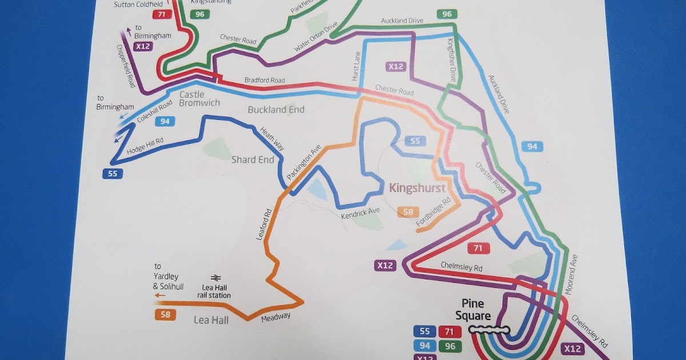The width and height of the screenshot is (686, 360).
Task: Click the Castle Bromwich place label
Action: pyautogui.click(x=200, y=98)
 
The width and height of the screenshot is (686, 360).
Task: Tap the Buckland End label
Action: pyautogui.click(x=276, y=109)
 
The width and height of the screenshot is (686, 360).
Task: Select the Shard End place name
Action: pyautogui.click(x=253, y=159)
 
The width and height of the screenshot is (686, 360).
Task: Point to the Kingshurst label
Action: pyautogui.click(x=417, y=187)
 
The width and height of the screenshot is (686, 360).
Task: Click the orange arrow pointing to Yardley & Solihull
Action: pyautogui.click(x=160, y=295)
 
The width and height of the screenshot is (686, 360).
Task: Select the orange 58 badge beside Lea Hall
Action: pyautogui.click(x=165, y=314)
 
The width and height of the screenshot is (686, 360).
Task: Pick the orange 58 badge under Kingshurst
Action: pyautogui.click(x=408, y=213)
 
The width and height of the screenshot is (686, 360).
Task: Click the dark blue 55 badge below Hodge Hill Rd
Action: pyautogui.click(x=113, y=174)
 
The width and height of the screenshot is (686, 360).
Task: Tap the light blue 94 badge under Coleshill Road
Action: pyautogui.click(x=165, y=121)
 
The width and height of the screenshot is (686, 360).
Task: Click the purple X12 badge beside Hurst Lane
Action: pyautogui.click(x=396, y=66)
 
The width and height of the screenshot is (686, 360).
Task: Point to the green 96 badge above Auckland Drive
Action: pyautogui.click(x=447, y=14)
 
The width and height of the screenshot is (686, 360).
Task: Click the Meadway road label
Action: pyautogui.click(x=276, y=317)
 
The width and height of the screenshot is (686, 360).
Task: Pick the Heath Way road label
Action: pyautogui.click(x=272, y=138)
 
